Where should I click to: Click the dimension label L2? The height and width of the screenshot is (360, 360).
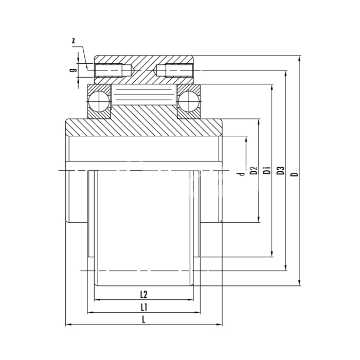(143, 295)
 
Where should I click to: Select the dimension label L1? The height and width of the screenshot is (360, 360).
(143, 308)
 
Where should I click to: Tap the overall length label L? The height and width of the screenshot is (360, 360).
(143, 319)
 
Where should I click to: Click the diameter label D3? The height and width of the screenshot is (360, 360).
(281, 171)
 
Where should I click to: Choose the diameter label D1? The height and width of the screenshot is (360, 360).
(267, 171)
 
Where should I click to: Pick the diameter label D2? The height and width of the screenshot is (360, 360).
(254, 171)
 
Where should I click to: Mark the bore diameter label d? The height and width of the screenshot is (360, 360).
(241, 174)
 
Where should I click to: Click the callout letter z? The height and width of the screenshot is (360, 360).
(74, 41)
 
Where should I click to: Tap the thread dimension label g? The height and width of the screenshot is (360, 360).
(73, 69)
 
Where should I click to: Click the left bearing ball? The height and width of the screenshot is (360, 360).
(99, 101)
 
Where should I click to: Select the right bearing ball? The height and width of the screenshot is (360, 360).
(189, 101)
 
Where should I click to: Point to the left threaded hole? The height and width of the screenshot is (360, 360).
(113, 70)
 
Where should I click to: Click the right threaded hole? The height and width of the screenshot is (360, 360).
(174, 70)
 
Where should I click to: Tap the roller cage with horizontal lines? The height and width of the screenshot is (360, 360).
(143, 95)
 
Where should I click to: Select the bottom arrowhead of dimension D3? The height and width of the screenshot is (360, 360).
(285, 267)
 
